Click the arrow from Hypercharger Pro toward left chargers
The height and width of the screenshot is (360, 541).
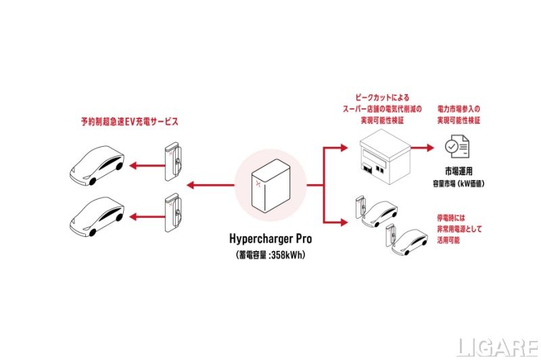tap(210, 184)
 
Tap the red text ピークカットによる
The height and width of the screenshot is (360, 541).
tap(382, 97)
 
